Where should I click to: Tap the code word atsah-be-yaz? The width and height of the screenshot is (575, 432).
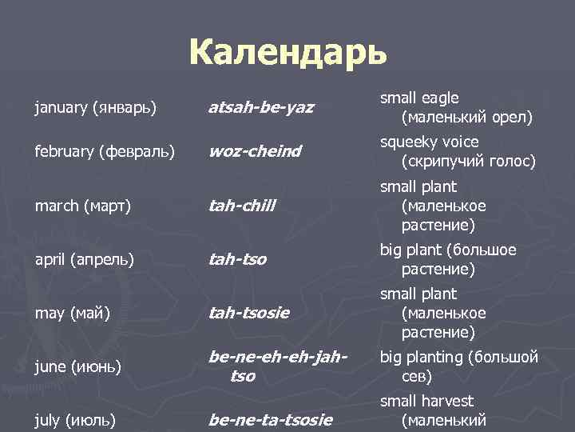261,106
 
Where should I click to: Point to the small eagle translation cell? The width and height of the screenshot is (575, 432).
456,108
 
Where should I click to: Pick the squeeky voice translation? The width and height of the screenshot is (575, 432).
456,151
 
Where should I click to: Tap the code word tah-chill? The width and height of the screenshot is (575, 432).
241,206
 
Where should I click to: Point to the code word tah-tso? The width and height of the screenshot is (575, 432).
237,259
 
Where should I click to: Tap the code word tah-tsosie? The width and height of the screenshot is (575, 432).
248,313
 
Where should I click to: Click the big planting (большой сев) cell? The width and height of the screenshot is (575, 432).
458,366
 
